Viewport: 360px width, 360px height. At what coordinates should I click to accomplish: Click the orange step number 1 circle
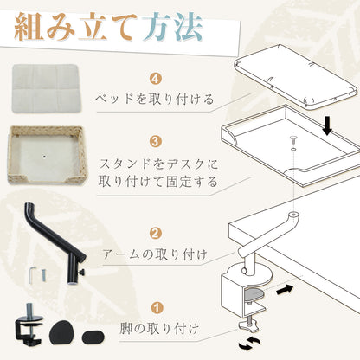pos(157,308)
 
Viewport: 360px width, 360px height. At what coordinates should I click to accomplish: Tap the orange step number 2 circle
pos(156,234)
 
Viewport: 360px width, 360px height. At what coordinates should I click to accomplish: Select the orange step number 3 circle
pos(155,142)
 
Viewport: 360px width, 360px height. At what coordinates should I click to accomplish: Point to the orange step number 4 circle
pos(156,79)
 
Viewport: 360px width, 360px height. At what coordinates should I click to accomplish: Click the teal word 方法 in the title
pos(173,28)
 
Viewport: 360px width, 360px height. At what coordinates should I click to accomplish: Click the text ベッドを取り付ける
pos(155,100)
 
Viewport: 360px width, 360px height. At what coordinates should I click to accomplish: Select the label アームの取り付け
pos(155,254)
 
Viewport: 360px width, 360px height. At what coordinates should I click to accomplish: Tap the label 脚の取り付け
pos(159,329)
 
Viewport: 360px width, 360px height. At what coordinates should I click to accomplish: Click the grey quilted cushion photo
pos(46,88)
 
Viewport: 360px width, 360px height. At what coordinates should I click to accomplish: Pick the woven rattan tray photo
pos(47,155)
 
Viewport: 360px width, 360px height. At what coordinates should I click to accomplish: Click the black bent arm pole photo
pos(56,241)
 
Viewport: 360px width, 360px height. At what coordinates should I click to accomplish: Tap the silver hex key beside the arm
pos(32,274)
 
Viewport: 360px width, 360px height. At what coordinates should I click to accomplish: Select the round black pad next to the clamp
pos(62,332)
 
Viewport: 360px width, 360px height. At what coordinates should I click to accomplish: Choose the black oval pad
pos(93,337)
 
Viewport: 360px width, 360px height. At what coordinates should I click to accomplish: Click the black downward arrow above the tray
pos(327,126)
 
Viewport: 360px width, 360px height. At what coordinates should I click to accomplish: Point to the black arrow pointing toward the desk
pos(285,290)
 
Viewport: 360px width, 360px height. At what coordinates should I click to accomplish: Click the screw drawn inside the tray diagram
pos(292,140)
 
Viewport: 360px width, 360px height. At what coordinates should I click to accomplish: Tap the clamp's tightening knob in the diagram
pos(248,325)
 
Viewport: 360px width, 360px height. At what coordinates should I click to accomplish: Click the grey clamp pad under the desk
pos(254,295)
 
